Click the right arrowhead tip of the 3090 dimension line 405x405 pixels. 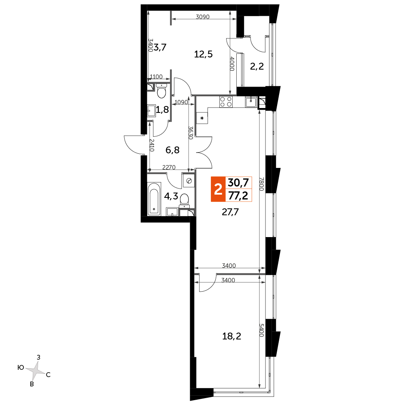pos(236,19)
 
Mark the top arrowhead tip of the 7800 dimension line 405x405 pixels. pos(260,110)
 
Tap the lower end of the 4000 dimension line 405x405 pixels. pos(230,95)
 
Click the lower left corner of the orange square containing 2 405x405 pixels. pos(211,201)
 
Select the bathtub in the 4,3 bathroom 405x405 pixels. pos(154,199)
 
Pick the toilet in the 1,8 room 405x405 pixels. pos(161,91)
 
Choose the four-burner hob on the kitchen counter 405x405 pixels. pos(226,102)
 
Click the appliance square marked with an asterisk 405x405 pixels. pos(202,118)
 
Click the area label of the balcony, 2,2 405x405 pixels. pos(257,66)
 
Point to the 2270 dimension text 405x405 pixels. pos(169,167)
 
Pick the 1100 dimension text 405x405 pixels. pos(156,76)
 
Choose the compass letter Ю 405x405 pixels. pos(21,367)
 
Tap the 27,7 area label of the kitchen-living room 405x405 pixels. pos(230,212)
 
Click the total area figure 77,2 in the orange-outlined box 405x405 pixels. pos(238,195)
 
